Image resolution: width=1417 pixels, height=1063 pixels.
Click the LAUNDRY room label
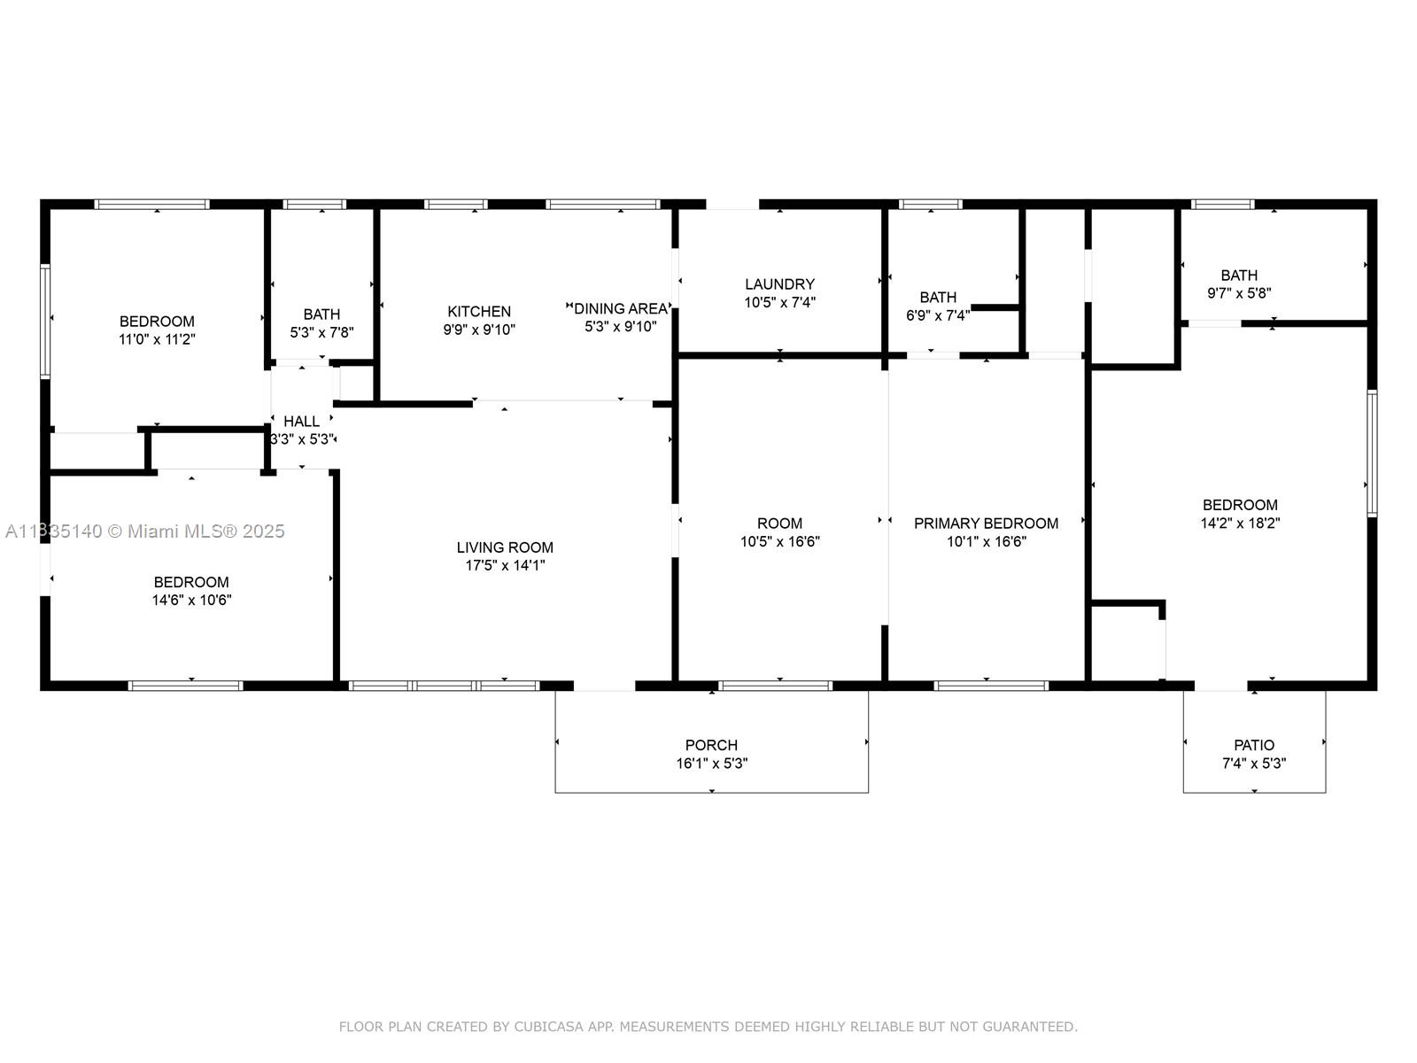pos(779,284)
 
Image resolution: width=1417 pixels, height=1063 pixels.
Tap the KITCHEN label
pos(479,312)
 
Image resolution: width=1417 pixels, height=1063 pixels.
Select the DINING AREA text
pos(621,308)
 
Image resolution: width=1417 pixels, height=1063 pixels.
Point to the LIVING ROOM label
pos(505,547)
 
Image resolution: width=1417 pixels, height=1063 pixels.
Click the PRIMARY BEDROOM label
pos(986,524)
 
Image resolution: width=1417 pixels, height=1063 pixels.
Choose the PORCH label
pos(711,745)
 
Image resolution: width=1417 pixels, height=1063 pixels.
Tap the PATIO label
pos(1254,745)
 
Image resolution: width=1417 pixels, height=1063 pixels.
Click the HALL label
pos(301,422)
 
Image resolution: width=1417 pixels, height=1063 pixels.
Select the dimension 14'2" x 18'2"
pos(1240,523)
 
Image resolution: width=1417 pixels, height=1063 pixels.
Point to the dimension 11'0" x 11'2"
pos(157,339)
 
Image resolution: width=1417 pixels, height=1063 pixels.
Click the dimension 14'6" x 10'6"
pos(191,600)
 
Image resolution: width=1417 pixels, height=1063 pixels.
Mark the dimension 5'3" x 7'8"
pos(321,332)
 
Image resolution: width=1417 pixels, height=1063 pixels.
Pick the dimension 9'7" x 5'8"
pos(1240,293)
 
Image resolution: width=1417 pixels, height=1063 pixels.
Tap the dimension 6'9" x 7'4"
pos(938,315)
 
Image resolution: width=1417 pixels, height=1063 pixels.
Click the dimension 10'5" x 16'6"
pos(780,541)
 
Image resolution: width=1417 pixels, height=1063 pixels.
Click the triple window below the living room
pos(445,686)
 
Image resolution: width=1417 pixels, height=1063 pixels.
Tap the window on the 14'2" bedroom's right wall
pos(1372,453)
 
